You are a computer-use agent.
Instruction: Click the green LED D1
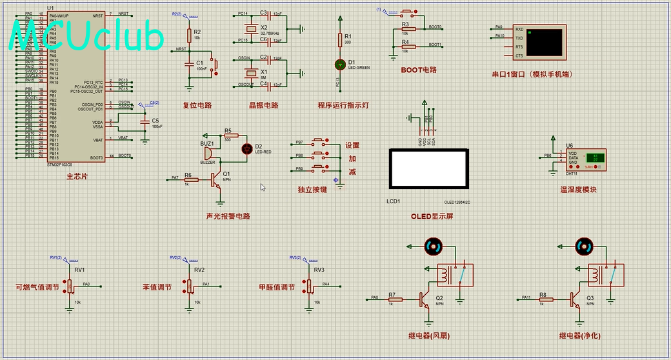tap(340, 65)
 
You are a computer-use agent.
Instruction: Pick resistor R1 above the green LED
tap(340, 40)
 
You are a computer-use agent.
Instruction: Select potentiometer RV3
tap(309, 285)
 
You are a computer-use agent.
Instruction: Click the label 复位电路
tap(197, 105)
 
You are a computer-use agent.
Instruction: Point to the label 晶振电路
tap(263, 105)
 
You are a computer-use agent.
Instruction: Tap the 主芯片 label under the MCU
tap(77, 176)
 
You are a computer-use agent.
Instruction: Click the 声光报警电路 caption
tap(228, 216)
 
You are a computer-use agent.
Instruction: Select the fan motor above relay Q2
tap(432, 246)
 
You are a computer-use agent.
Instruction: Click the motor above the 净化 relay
tap(585, 246)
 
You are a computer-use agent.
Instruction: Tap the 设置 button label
tap(352, 146)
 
